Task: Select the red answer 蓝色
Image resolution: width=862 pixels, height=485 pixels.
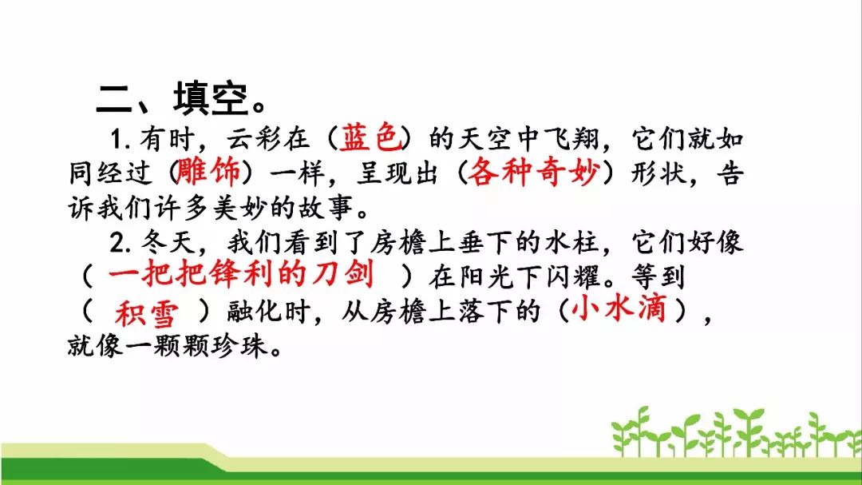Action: (x=370, y=137)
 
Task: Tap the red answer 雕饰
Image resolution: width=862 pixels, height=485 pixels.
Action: (x=208, y=171)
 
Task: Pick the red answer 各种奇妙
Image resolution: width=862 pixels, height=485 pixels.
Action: (x=532, y=171)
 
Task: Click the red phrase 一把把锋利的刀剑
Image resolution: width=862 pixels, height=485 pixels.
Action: (x=241, y=273)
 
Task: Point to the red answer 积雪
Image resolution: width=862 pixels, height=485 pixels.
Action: (x=147, y=313)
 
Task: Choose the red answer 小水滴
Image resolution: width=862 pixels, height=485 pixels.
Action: (x=619, y=308)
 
